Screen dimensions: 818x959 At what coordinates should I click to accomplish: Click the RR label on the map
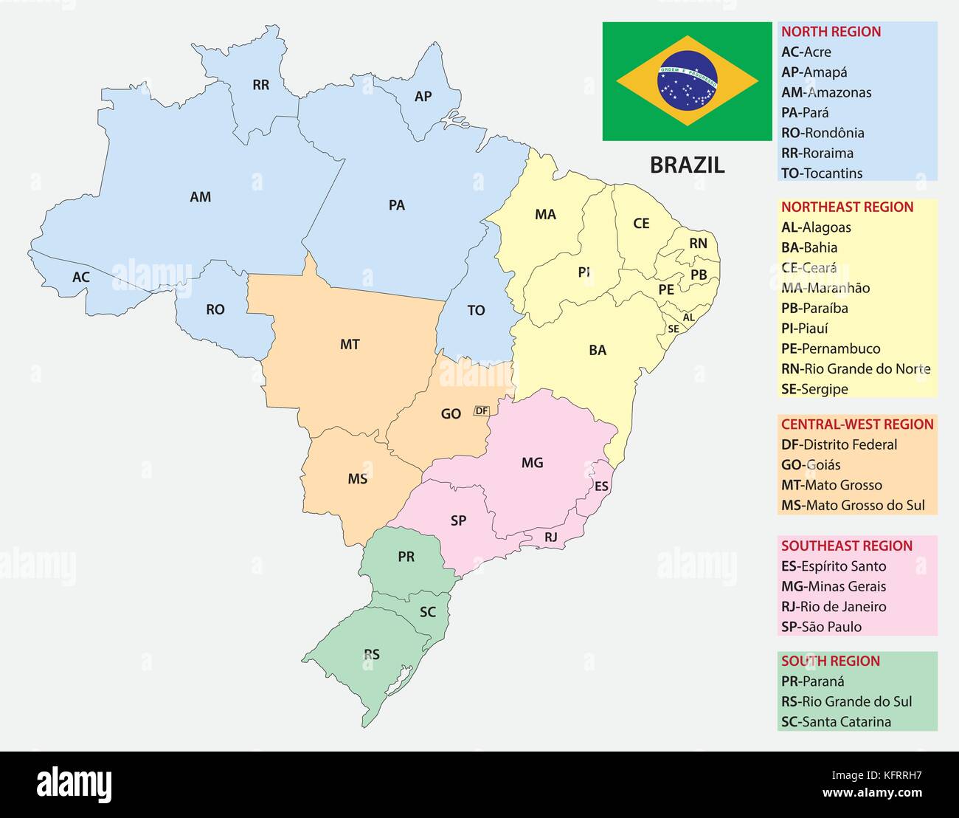(260, 85)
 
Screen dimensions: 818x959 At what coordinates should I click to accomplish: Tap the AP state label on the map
(423, 97)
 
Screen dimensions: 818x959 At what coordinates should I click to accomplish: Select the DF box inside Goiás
(482, 410)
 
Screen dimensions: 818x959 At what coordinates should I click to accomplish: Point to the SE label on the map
(673, 329)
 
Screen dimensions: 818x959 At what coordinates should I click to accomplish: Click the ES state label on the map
(601, 487)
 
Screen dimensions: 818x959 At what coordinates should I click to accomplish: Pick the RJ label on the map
(551, 537)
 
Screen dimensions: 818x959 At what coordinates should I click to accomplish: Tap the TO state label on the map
(476, 311)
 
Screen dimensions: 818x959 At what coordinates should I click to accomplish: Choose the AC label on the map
(81, 278)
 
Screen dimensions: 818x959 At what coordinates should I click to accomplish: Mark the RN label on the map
(698, 244)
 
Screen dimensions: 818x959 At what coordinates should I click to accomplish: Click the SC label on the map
(428, 612)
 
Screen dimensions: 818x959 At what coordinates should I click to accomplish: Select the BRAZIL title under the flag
(687, 165)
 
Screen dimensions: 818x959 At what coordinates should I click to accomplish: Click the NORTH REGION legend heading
(831, 32)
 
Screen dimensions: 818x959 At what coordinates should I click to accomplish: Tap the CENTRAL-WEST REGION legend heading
(857, 425)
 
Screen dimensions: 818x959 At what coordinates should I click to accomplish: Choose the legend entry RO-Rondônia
(823, 133)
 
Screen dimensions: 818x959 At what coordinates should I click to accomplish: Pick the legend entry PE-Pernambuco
(831, 348)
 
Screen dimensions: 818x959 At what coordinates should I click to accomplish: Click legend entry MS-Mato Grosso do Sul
(853, 506)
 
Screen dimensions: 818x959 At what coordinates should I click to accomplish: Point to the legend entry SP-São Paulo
(821, 627)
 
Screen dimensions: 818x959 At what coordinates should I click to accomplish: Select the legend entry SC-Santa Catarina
(836, 722)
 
